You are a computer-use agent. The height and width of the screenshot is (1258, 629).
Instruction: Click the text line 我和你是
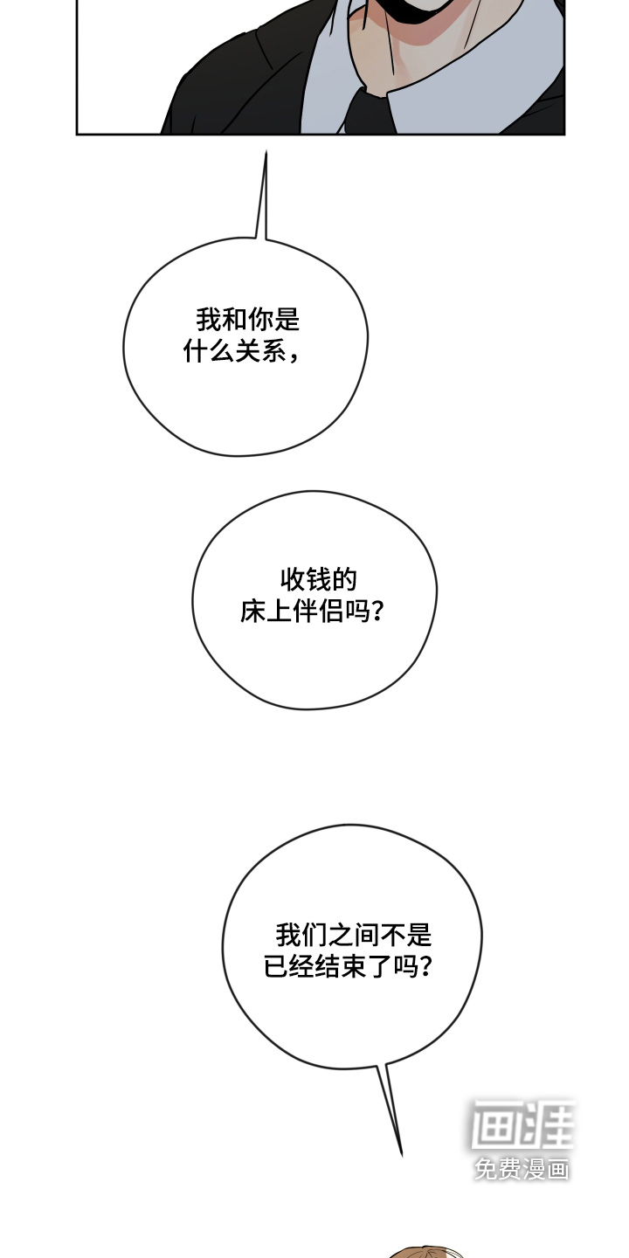point(248,320)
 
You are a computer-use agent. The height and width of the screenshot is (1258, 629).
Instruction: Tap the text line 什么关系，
point(241,352)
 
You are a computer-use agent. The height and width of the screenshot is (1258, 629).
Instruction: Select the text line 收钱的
point(318,579)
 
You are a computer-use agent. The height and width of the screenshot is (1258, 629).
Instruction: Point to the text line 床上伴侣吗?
point(312,612)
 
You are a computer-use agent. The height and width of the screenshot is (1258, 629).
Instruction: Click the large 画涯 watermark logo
point(522,1124)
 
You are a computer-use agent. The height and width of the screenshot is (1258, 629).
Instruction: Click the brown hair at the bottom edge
point(427,1254)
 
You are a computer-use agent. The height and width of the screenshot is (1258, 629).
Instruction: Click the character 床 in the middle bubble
point(252,612)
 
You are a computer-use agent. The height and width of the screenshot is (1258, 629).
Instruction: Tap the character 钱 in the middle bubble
point(318,579)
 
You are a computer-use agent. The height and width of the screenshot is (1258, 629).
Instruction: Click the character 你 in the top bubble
point(260,320)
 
